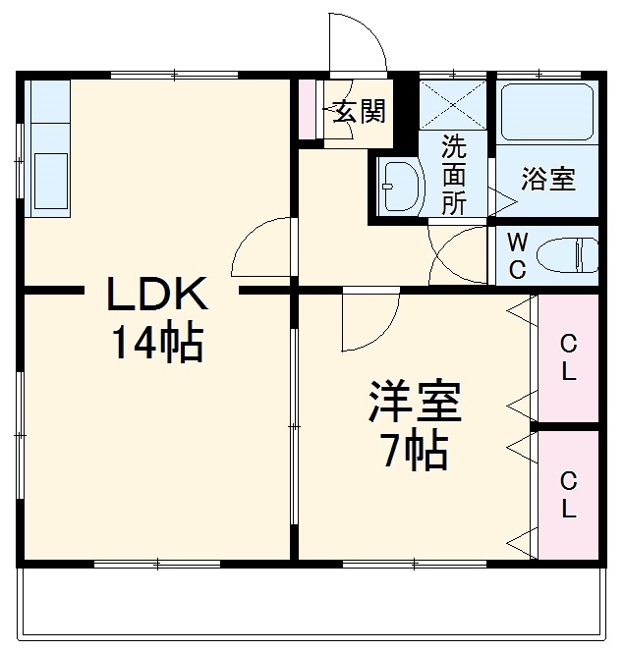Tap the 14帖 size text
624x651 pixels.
coord(156,343)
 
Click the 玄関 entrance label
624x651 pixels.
coord(358,111)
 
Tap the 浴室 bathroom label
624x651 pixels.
coord(547,180)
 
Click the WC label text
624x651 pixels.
coord(518,253)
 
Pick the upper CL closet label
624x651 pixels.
coord(568,358)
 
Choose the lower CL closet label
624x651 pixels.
coord(568,495)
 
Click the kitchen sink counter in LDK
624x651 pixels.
coord(48,147)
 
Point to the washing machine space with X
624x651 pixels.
coord(453,104)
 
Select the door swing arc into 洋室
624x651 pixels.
coord(369,322)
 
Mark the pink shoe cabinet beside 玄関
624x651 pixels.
coord(308,108)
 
